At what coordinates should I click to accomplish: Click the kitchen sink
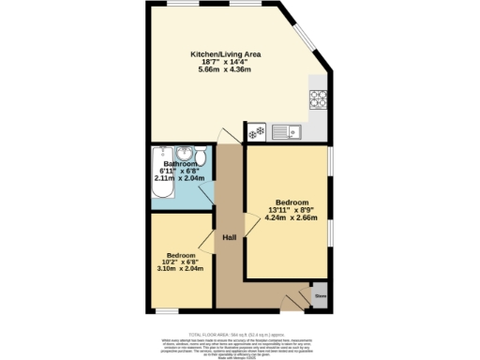(284, 132)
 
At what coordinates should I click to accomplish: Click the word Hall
(229, 236)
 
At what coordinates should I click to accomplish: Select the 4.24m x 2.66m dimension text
(292, 217)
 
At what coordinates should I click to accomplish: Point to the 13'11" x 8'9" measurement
(292, 209)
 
